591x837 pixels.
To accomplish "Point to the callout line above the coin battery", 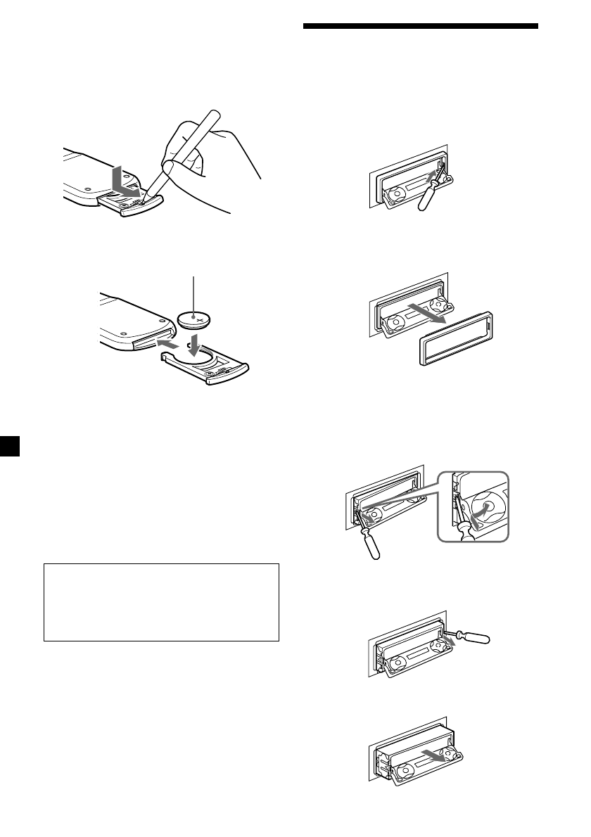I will [x=193, y=292].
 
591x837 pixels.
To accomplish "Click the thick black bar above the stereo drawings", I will [x=421, y=27].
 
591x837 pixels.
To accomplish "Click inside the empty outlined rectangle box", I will [x=162, y=601].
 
